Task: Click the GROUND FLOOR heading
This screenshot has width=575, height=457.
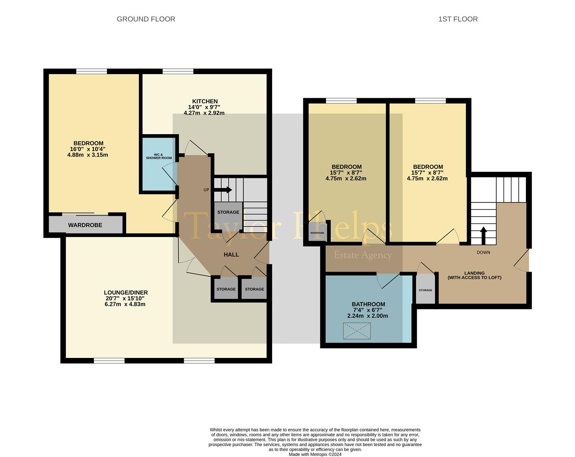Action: click(x=146, y=19)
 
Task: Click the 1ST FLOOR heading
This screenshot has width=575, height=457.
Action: click(x=458, y=19)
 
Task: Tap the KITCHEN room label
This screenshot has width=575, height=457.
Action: click(x=205, y=101)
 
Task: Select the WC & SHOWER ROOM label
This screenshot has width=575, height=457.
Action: click(x=159, y=156)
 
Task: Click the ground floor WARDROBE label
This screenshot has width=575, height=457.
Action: click(x=85, y=225)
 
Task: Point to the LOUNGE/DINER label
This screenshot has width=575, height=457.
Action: click(x=126, y=292)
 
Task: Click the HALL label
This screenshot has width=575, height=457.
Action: click(x=231, y=254)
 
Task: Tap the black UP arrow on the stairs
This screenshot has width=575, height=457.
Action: click(x=223, y=190)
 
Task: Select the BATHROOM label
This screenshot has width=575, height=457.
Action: click(x=368, y=304)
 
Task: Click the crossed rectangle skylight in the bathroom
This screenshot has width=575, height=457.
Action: click(x=357, y=331)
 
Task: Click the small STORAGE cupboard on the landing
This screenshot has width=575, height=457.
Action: click(x=425, y=290)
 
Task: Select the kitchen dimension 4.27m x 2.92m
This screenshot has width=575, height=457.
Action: click(x=204, y=113)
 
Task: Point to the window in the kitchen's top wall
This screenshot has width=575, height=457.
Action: click(x=178, y=72)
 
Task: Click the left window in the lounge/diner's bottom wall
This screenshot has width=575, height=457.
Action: click(x=109, y=361)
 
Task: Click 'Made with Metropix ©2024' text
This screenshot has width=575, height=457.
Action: click(x=315, y=454)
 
